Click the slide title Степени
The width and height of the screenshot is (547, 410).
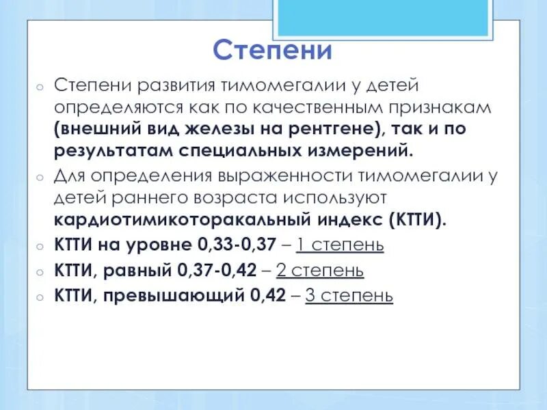tap(272, 50)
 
